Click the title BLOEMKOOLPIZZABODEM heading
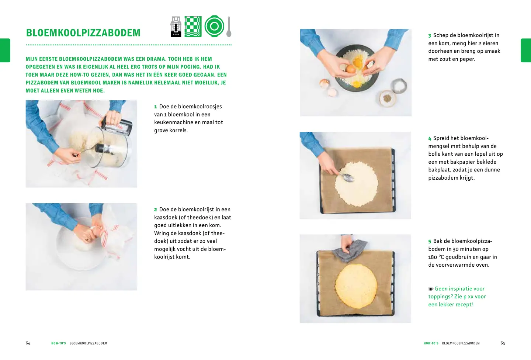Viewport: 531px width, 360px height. [x=83, y=33]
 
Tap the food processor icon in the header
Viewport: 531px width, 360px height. [x=176, y=27]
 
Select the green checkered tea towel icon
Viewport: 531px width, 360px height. [x=193, y=27]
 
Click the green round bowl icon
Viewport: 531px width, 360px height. [x=214, y=26]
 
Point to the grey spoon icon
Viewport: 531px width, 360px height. [x=229, y=27]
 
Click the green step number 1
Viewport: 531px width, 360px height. [x=156, y=107]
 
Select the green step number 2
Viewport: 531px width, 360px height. [x=156, y=210]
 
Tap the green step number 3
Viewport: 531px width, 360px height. [x=430, y=36]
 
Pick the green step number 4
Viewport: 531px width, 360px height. [x=430, y=139]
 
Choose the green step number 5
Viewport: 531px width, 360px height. [x=430, y=242]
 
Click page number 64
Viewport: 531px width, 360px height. [x=28, y=343]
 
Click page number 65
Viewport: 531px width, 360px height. [x=503, y=343]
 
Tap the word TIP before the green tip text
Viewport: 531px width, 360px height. [x=431, y=289]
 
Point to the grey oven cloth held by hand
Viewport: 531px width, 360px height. [x=350, y=251]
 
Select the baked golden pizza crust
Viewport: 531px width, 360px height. [x=356, y=286]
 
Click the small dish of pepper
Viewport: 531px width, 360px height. [x=388, y=98]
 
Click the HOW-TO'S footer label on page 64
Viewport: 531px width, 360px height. [x=59, y=343]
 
